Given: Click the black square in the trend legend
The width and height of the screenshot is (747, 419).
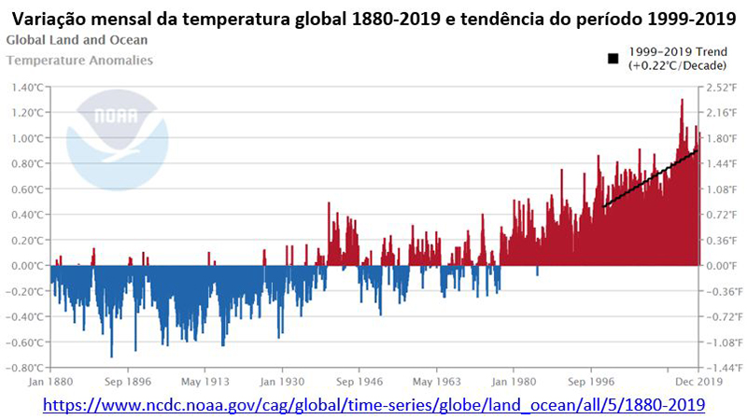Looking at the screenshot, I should [613, 58].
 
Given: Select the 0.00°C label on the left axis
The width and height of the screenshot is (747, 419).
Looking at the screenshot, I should [25, 265].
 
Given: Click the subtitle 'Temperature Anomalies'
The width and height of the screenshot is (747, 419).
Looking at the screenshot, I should [79, 60].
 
